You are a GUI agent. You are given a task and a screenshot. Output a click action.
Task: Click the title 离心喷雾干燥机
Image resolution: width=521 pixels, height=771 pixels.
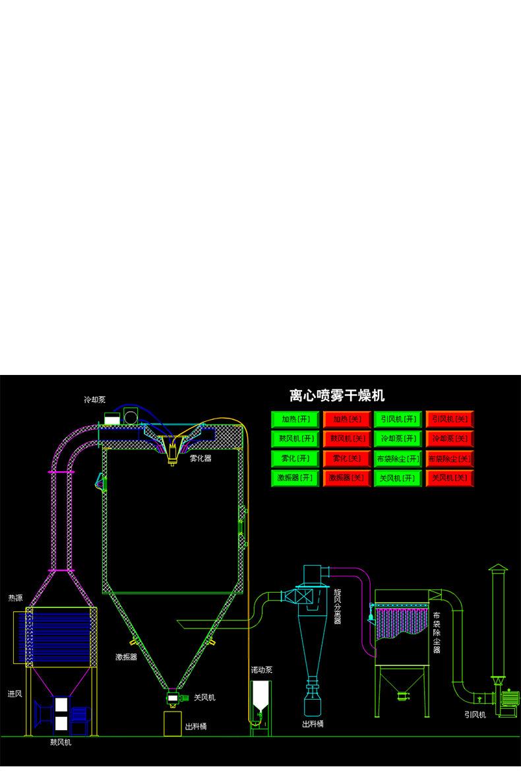[x=337, y=396]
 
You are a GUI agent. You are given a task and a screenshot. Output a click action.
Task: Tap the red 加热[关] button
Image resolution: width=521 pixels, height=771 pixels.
[x=346, y=419]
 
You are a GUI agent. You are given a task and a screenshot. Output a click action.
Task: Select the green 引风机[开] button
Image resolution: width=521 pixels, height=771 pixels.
[x=398, y=419]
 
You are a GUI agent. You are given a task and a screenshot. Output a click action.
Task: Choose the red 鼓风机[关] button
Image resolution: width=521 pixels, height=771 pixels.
[x=346, y=438]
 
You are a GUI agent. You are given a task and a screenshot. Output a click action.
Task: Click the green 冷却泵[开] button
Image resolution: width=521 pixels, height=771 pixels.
[x=398, y=438]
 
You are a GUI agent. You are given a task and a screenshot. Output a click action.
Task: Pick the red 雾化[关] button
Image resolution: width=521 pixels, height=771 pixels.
[x=346, y=458]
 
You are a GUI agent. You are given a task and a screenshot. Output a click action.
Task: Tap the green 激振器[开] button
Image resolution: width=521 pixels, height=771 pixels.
[x=295, y=477]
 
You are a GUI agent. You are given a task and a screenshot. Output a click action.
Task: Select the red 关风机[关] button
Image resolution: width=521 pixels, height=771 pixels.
[x=449, y=477]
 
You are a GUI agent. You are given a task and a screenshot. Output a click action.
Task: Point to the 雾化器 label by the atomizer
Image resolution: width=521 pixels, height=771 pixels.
[x=200, y=457]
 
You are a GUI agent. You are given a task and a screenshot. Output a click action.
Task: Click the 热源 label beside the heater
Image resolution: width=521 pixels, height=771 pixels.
[x=15, y=598]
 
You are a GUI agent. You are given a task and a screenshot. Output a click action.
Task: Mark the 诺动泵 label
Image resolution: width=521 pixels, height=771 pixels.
[x=261, y=669]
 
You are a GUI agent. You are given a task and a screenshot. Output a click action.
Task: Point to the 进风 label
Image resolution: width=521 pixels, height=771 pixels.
[x=15, y=694]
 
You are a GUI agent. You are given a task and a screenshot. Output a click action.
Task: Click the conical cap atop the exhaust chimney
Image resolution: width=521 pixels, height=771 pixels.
[x=497, y=570]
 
